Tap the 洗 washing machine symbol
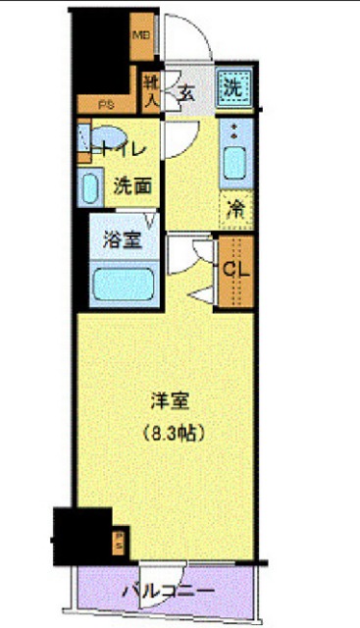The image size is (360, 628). pyautogui.click(x=232, y=86)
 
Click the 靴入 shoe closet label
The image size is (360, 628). pyautogui.click(x=152, y=87)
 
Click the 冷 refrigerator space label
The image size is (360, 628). pyautogui.click(x=236, y=209)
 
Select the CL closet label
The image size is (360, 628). pyautogui.click(x=235, y=268)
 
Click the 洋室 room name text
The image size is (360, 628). pyautogui.click(x=168, y=402)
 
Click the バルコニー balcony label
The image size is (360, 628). pyautogui.click(x=168, y=592)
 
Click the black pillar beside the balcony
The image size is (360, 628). pyautogui.click(x=80, y=534)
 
